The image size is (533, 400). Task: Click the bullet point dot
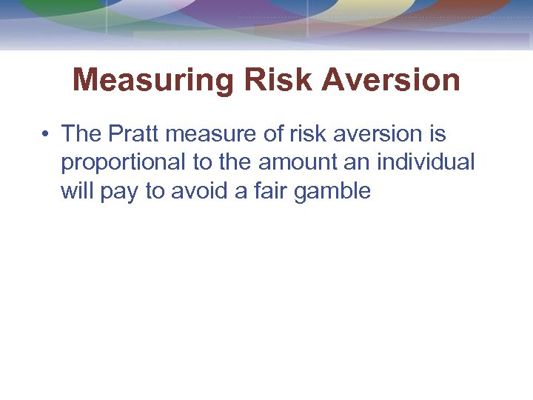pos(46,134)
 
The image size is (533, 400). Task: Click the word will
pos(74,191)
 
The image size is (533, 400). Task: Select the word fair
pos(269,191)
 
